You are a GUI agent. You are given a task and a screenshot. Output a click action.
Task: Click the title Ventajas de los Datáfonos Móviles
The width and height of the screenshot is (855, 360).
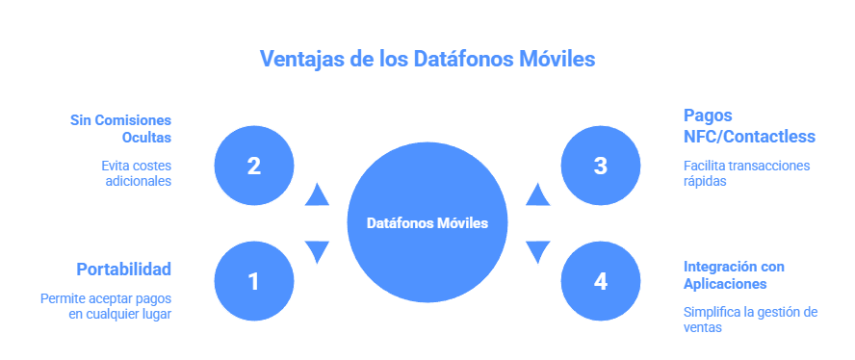427,59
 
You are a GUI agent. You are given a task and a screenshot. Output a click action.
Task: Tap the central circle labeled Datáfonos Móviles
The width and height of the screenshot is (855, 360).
427,222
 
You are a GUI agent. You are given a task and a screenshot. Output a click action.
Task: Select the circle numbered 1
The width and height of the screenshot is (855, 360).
253,282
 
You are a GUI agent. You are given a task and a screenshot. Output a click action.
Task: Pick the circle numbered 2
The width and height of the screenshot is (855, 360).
253,166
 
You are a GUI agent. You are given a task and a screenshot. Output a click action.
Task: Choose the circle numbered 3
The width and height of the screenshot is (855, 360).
601,166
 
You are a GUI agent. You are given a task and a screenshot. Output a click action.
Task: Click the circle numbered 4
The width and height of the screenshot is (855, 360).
601,282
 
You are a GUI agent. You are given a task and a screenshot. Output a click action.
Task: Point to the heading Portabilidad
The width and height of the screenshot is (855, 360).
123,268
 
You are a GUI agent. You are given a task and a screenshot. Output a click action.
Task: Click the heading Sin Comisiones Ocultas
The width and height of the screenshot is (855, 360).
120,128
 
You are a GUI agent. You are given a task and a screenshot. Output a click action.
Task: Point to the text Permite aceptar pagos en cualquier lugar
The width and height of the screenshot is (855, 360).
106,307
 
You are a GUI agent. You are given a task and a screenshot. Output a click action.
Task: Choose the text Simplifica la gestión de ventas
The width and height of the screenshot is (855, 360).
750,320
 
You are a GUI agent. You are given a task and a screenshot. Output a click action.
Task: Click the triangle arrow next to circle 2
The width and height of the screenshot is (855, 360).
316,195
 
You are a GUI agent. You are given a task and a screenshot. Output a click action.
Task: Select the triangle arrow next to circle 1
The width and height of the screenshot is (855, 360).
316,252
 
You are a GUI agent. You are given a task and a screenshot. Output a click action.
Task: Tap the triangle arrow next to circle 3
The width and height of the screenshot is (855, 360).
538,195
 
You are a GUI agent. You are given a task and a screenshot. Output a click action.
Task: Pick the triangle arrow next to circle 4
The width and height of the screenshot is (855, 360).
538,252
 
